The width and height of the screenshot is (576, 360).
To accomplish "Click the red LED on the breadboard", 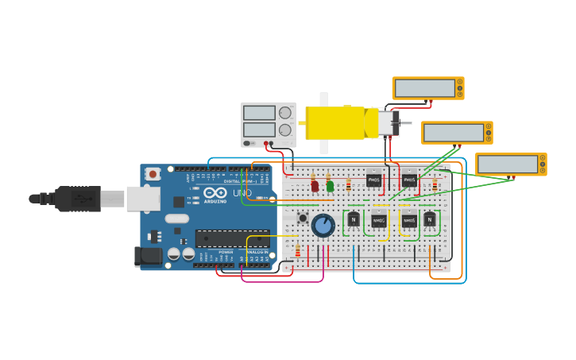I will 315,186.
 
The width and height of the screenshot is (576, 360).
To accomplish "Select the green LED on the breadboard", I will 330,186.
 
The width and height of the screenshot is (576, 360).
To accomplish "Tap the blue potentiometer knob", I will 323,226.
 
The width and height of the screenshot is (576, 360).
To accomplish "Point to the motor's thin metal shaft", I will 404,123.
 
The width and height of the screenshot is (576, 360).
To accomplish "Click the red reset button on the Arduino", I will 153,173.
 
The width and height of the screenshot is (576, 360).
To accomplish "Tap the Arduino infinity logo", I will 215,192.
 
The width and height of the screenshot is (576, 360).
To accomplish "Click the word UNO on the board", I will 242,193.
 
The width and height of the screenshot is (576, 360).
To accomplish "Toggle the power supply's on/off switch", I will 247,143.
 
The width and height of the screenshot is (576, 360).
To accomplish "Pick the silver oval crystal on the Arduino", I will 177,219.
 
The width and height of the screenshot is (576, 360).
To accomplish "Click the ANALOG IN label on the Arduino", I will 257,252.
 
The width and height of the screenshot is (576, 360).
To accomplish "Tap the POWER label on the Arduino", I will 226,252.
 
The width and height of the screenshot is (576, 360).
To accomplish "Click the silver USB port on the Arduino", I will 143,199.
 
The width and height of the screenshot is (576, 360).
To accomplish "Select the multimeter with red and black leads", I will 427,88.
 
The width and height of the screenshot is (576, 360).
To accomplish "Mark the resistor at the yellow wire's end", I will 298,252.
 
